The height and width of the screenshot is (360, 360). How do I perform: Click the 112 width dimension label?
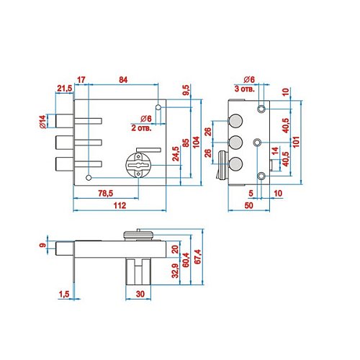120,205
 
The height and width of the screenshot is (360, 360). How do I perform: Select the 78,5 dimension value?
106,193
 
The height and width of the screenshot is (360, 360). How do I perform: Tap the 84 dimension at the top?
123,80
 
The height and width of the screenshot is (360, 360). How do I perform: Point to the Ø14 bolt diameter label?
42,122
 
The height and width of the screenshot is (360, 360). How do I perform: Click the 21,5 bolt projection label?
65,89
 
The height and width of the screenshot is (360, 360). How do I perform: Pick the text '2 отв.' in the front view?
141,127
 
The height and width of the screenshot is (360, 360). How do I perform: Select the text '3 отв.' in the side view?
244,89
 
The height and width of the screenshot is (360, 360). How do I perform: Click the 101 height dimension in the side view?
297,142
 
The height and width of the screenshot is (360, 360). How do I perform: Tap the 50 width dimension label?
249,205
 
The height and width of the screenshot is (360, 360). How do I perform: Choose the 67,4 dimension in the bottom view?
198,256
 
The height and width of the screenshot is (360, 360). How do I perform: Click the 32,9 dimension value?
176,271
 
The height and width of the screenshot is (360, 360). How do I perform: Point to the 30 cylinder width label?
140,294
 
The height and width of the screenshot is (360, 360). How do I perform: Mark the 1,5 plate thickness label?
64,294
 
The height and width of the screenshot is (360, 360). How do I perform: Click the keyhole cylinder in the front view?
138,166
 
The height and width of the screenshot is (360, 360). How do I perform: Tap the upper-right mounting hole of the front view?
158,107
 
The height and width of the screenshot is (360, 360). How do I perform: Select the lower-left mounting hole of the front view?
89,178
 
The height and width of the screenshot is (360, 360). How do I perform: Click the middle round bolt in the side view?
235,143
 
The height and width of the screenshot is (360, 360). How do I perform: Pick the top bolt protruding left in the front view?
64,121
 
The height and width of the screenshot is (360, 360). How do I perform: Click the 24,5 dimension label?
176,154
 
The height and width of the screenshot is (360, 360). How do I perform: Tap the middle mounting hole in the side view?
257,143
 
